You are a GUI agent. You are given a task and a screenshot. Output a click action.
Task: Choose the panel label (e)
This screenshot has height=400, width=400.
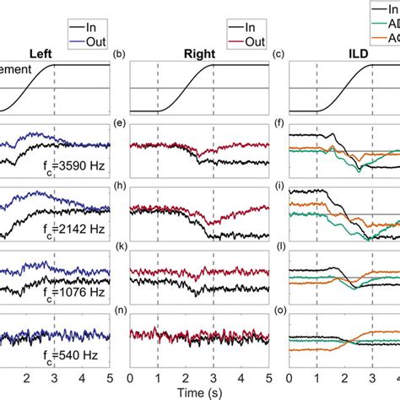pyautogui.click(x=119, y=124)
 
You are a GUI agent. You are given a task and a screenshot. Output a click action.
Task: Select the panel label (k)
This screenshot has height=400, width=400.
pyautogui.click(x=119, y=250)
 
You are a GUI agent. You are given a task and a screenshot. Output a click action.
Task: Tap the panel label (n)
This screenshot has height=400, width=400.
pyautogui.click(x=119, y=311)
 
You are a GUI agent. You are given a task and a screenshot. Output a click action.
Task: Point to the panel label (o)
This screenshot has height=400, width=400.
pyautogui.click(x=278, y=311)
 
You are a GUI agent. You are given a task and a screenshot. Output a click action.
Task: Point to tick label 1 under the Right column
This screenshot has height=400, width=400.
pyautogui.click(x=157, y=377)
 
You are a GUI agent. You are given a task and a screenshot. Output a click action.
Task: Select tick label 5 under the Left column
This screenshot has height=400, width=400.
pyautogui.click(x=109, y=377)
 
